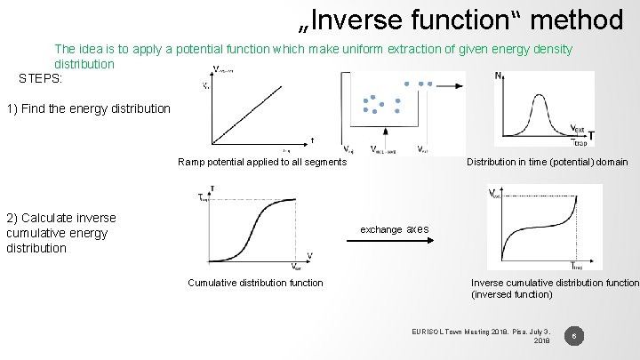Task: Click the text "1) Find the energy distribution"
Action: (88, 109)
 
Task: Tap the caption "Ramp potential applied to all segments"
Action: (262, 162)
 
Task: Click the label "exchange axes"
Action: (393, 229)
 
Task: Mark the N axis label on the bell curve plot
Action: (498, 77)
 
